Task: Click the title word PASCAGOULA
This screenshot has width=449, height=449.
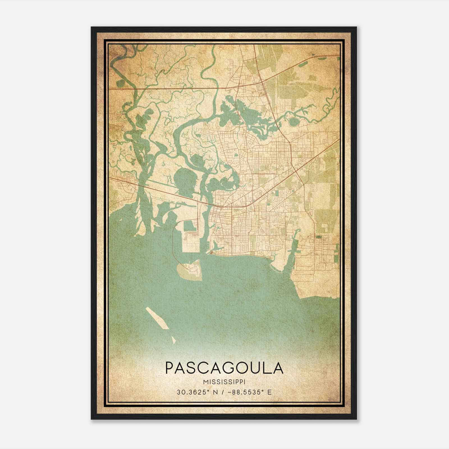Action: pyautogui.click(x=224, y=368)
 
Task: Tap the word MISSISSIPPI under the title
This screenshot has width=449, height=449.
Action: pyautogui.click(x=224, y=382)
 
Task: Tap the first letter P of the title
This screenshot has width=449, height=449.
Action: pyautogui.click(x=170, y=368)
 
